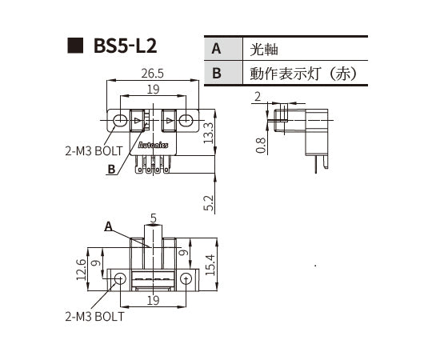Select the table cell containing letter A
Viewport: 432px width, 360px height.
pyautogui.click(x=216, y=49)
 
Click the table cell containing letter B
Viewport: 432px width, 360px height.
pyautogui.click(x=216, y=74)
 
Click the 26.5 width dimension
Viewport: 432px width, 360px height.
pyautogui.click(x=152, y=74)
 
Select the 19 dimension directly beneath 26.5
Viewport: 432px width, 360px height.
pyautogui.click(x=153, y=89)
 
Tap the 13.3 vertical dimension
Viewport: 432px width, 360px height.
pyautogui.click(x=209, y=132)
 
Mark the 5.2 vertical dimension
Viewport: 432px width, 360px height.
pyautogui.click(x=209, y=203)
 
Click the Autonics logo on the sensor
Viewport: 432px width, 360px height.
pyautogui.click(x=153, y=146)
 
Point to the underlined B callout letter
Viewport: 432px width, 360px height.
pyautogui.click(x=111, y=169)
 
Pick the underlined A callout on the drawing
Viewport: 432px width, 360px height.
pyautogui.click(x=108, y=226)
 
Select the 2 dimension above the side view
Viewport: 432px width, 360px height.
pyautogui.click(x=258, y=96)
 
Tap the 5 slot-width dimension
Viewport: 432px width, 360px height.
pyautogui.click(x=153, y=217)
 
